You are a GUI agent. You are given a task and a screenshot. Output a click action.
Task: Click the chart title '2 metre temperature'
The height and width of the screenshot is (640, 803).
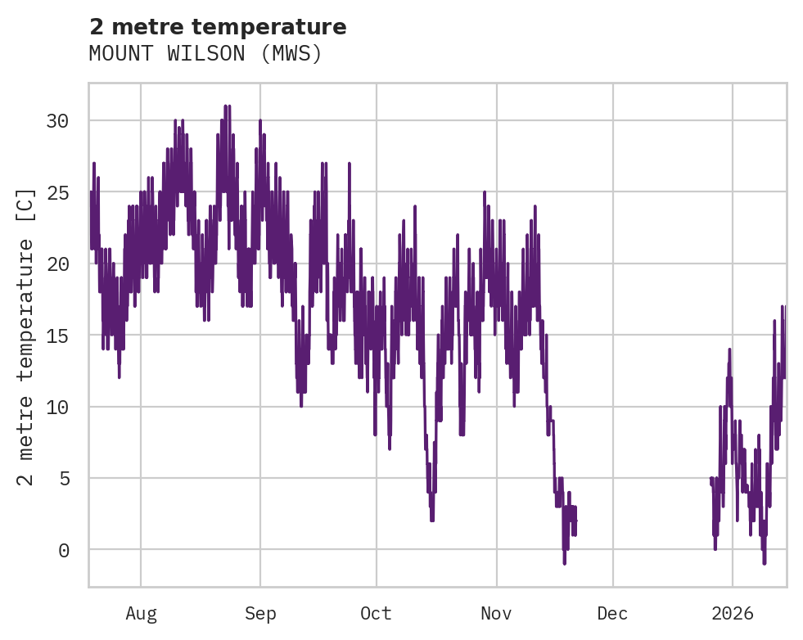pyautogui.click(x=218, y=27)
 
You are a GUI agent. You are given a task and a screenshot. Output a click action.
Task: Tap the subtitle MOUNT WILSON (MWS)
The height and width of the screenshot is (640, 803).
pyautogui.click(x=205, y=54)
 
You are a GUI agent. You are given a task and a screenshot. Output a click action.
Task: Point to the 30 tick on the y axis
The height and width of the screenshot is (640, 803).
pyautogui.click(x=58, y=121)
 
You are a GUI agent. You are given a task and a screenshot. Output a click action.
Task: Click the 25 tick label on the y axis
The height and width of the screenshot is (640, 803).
pyautogui.click(x=58, y=192)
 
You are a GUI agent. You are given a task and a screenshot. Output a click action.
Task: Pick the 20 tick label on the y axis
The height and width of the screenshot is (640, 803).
pyautogui.click(x=58, y=264)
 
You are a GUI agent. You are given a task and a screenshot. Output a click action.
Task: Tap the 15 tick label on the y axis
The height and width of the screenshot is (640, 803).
pyautogui.click(x=58, y=336)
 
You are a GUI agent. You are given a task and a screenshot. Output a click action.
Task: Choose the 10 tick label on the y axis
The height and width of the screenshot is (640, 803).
pyautogui.click(x=58, y=407)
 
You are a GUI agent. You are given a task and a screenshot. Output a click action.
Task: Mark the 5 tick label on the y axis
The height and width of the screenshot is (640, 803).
pyautogui.click(x=65, y=478)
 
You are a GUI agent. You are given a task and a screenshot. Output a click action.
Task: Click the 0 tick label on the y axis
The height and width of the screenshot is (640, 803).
pyautogui.click(x=65, y=550)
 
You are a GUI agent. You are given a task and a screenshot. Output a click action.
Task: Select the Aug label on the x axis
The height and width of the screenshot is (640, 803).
pyautogui.click(x=141, y=614)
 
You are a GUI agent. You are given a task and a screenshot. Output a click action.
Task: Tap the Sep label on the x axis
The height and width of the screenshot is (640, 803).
pyautogui.click(x=260, y=614)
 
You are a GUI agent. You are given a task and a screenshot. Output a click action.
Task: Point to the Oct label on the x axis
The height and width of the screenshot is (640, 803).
pyautogui.click(x=377, y=614)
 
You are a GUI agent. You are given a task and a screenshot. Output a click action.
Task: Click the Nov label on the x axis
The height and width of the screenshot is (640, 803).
pyautogui.click(x=496, y=614)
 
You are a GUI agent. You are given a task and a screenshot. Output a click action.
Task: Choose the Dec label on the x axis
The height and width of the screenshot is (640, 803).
pyautogui.click(x=613, y=614)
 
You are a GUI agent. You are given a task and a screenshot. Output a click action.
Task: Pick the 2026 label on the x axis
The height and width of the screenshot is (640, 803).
pyautogui.click(x=733, y=614)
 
